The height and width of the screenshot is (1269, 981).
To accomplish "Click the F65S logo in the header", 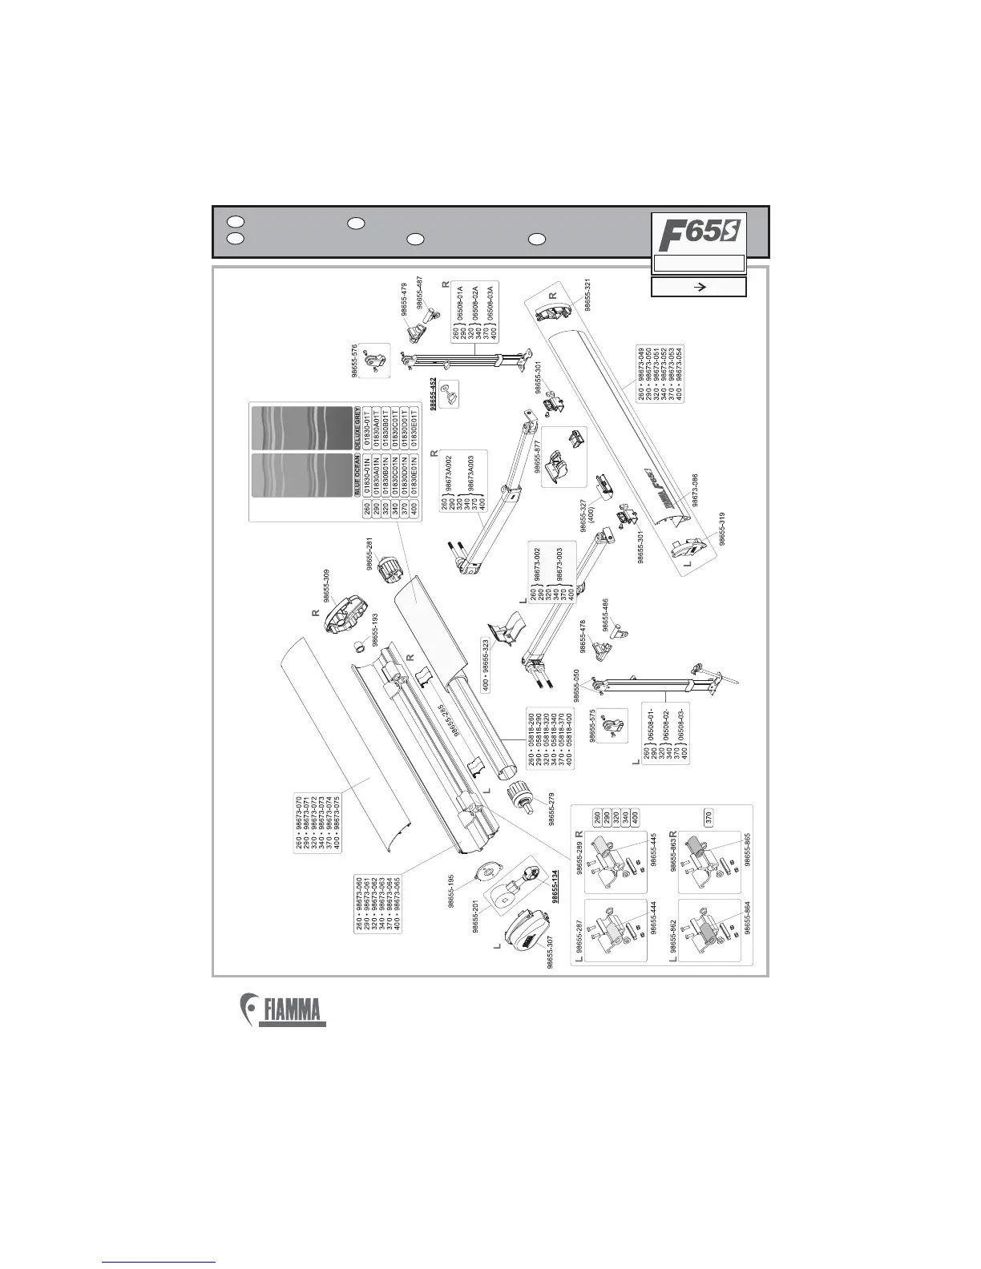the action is (x=699, y=234).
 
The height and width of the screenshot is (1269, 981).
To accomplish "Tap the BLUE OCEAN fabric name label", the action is (x=357, y=476).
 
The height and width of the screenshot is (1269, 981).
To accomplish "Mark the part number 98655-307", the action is (x=551, y=953).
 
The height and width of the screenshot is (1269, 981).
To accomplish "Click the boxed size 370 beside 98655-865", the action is (x=708, y=818).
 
